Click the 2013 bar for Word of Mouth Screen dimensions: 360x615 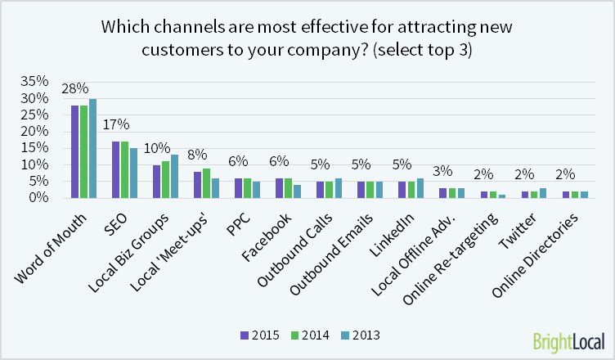pyautogui.click(x=92, y=148)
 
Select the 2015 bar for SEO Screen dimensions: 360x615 pyautogui.click(x=116, y=169)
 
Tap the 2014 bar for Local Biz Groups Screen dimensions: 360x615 pyautogui.click(x=165, y=179)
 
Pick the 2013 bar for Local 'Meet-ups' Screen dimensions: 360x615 pyautogui.click(x=215, y=187)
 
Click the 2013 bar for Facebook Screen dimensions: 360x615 pyautogui.click(x=297, y=191)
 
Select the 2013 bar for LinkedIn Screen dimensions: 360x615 pyautogui.click(x=420, y=187)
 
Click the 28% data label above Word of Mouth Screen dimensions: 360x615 pyautogui.click(x=84, y=88)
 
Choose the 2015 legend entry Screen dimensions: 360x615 pyautogui.click(x=261, y=335)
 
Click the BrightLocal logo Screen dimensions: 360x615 pyautogui.click(x=569, y=340)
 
